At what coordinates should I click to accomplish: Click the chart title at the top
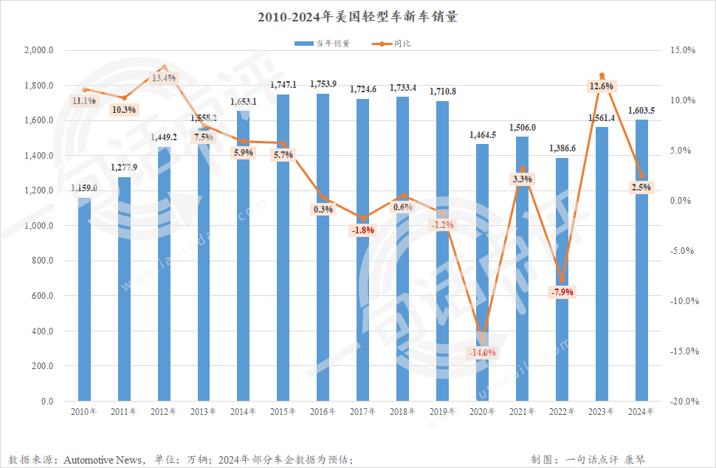click(x=357, y=16)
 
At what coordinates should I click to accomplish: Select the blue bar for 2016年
click(x=323, y=251)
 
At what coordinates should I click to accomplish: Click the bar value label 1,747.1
click(x=283, y=85)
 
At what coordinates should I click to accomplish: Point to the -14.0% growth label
click(x=483, y=352)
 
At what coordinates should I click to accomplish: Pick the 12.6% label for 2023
click(x=602, y=86)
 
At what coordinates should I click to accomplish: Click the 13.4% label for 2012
click(x=163, y=78)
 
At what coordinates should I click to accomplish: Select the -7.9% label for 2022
click(x=562, y=292)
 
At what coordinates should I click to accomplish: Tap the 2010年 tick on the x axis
click(x=84, y=412)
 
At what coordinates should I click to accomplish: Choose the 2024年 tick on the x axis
click(x=641, y=412)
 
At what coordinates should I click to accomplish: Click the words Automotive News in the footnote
click(x=103, y=460)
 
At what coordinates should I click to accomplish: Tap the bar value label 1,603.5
click(x=641, y=111)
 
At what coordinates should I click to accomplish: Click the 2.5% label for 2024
click(x=641, y=187)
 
